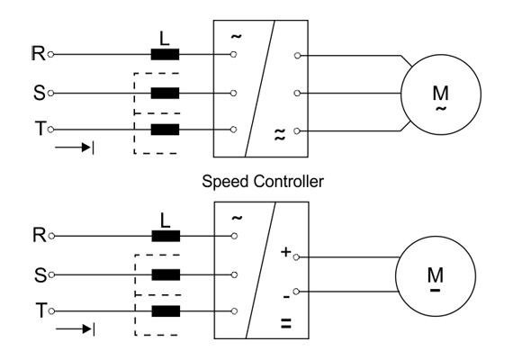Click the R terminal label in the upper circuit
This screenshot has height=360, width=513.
coord(39,53)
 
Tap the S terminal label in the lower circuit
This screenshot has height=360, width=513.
coord(40,274)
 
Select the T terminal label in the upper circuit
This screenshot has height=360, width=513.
coord(40,129)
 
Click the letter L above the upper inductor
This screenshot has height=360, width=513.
coord(165,39)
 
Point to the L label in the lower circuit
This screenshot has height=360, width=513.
coord(166,220)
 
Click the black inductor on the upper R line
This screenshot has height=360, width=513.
coord(165,54)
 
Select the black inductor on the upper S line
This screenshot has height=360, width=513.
coord(165,94)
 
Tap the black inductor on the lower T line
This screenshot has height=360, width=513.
coord(166,311)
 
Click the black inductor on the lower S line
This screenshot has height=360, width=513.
coord(166,274)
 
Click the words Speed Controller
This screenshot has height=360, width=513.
coord(263,181)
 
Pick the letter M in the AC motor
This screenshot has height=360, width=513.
coord(440,93)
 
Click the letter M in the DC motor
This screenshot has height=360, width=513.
coord(435,274)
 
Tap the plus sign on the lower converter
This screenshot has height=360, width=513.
coord(285,252)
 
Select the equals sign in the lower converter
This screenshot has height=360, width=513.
coord(286,323)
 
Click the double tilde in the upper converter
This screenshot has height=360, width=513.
coord(279,134)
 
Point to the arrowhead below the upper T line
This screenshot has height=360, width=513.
coord(86,148)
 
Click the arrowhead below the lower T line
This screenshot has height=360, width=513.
coord(87,328)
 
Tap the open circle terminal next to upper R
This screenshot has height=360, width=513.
coord(50,54)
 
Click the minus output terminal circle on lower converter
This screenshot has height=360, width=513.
coord(296,292)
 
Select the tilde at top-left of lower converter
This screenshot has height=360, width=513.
coord(237,218)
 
